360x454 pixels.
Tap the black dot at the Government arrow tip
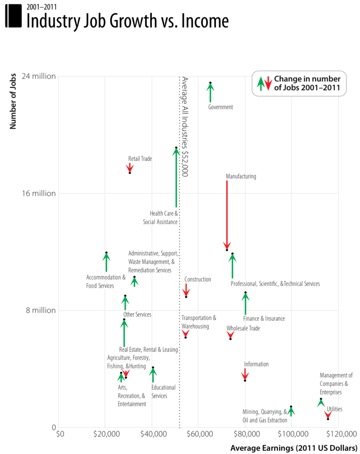210,83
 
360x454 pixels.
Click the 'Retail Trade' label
140,159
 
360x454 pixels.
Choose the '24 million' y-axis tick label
39,76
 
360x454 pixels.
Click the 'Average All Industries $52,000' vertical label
185,127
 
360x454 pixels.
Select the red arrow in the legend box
268,83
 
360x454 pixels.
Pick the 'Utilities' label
335,409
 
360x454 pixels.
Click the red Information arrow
245,374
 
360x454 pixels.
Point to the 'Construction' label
198,280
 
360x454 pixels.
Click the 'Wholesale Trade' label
243,328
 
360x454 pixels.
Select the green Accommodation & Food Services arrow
106,262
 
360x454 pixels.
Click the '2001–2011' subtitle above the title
41,6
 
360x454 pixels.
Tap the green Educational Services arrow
153,374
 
